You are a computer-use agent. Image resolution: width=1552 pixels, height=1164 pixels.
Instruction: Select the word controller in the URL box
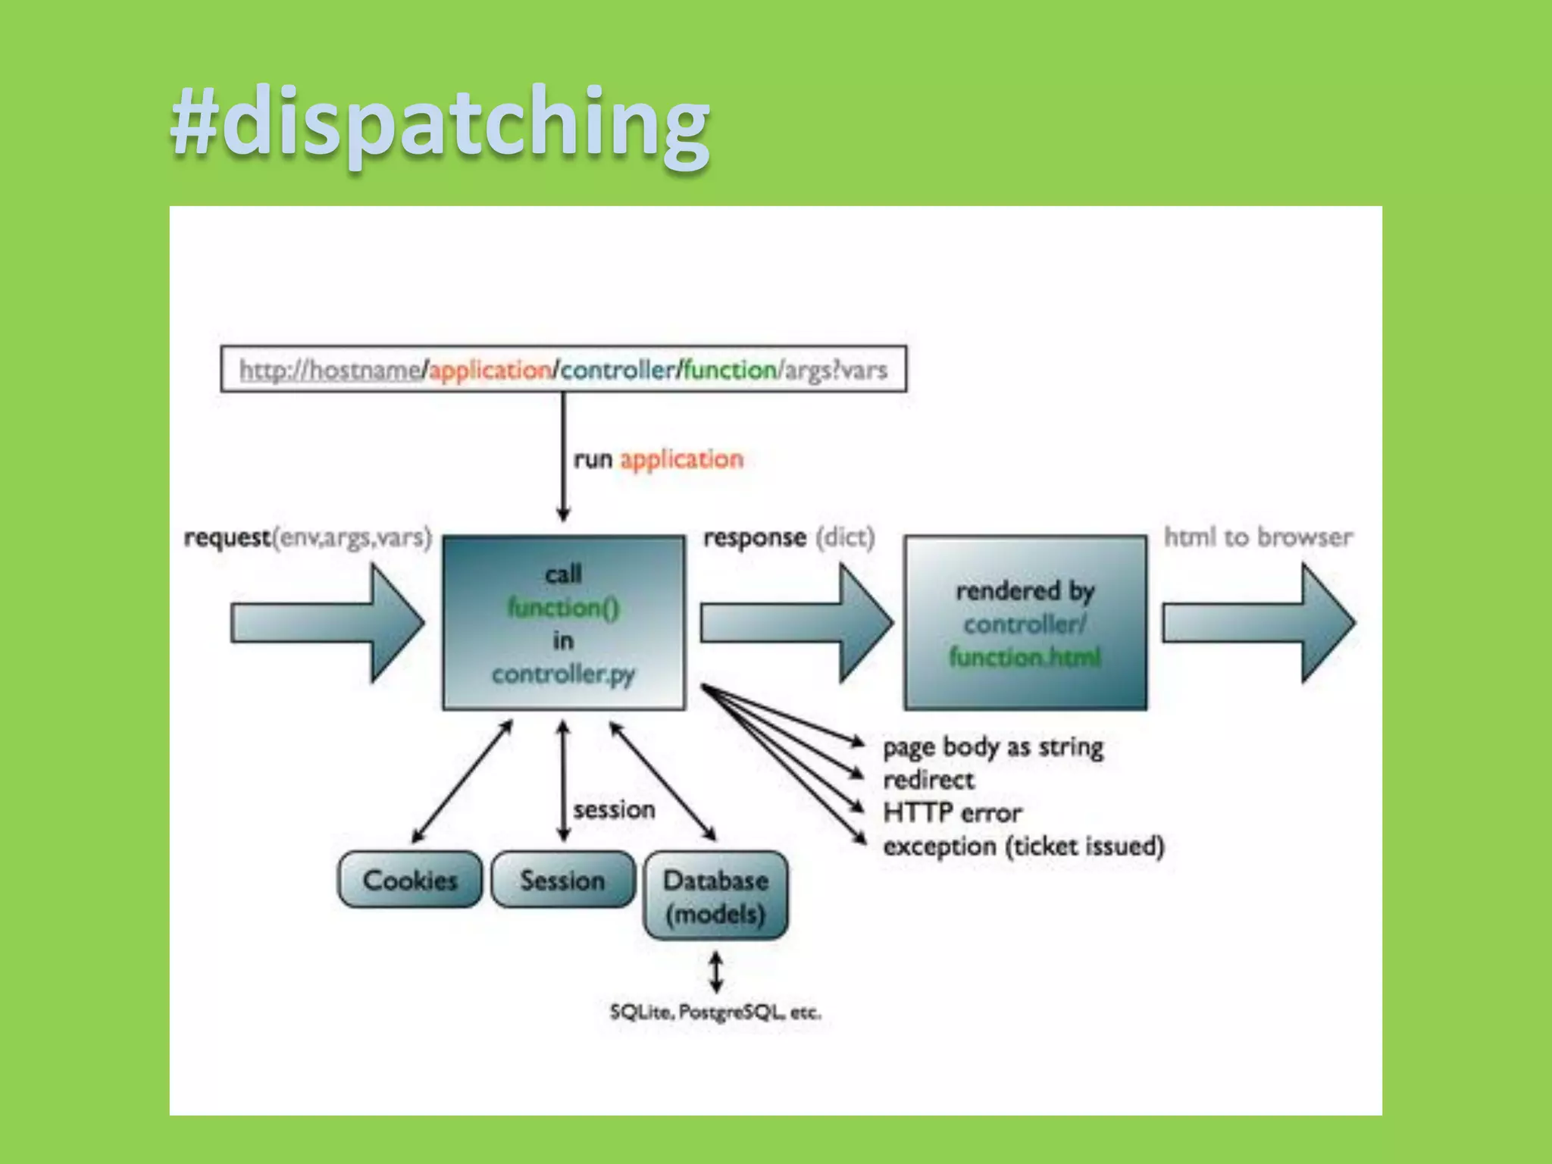tap(617, 371)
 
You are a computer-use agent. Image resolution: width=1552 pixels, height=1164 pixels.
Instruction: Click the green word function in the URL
tap(730, 371)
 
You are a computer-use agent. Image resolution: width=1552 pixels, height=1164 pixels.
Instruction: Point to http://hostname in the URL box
tap(330, 371)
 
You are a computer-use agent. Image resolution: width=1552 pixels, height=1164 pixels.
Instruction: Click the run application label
tap(658, 459)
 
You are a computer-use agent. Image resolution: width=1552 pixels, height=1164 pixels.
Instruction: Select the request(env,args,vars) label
tap(308, 538)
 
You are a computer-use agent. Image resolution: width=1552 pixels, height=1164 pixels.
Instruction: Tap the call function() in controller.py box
tap(563, 623)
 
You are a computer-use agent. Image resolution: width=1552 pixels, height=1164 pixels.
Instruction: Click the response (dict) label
tap(789, 538)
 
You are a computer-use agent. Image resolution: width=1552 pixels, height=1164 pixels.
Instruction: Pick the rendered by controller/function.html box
tap(1025, 623)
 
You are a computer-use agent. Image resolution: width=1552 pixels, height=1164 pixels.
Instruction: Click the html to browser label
tap(1258, 537)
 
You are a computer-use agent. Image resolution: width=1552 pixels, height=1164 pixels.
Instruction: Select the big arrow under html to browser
tap(1258, 624)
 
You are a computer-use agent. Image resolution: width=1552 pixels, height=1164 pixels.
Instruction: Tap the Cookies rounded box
tap(410, 880)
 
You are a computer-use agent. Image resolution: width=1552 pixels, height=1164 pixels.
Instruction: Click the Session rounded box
tap(562, 880)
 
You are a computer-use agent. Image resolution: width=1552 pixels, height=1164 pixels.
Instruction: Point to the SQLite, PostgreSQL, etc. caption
tap(715, 1012)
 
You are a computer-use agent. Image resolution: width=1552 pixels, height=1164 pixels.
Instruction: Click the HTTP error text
tap(953, 813)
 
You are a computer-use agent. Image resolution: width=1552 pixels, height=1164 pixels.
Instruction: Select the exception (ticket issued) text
tap(1023, 846)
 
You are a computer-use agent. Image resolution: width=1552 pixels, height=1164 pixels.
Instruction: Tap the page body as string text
tap(993, 747)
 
